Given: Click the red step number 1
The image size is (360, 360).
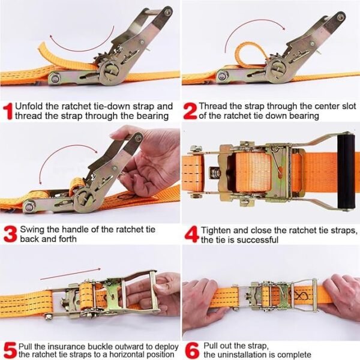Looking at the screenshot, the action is pyautogui.click(x=9, y=112).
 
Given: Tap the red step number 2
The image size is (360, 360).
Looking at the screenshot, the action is pyautogui.click(x=190, y=111).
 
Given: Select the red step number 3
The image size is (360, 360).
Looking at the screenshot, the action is pyautogui.click(x=10, y=234).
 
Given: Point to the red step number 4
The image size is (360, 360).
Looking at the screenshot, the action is pyautogui.click(x=192, y=235).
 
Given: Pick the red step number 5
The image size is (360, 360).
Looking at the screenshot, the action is pyautogui.click(x=10, y=351).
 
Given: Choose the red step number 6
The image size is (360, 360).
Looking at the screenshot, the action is pyautogui.click(x=192, y=351).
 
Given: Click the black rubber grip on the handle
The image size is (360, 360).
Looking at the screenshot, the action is pyautogui.click(x=346, y=172).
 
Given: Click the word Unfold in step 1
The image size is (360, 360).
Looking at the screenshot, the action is pyautogui.click(x=29, y=107).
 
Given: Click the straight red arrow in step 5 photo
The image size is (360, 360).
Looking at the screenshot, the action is pyautogui.click(x=70, y=274).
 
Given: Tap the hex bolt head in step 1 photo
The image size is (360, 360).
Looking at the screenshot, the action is pyautogui.click(x=55, y=78).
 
